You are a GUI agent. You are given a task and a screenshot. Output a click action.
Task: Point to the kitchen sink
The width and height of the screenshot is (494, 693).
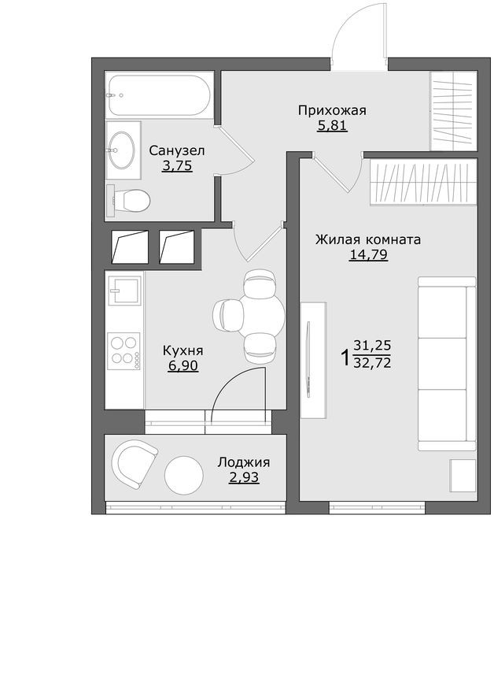tap(124, 292)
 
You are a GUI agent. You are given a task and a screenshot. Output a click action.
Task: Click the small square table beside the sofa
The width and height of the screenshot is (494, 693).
tap(463, 475)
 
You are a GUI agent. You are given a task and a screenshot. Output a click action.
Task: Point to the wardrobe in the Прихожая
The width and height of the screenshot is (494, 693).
tap(453, 110)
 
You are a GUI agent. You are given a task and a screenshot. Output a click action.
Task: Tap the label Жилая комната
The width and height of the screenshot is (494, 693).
tap(368, 239)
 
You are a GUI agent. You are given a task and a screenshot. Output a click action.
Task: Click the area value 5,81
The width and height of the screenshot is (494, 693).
tap(332, 124)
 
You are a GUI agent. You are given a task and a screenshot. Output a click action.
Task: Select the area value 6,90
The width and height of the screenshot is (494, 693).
tap(182, 365)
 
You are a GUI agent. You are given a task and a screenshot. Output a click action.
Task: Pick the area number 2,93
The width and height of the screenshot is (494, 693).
tap(244, 477)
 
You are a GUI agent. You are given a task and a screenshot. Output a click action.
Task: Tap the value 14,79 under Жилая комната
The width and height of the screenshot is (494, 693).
tap(368, 254)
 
